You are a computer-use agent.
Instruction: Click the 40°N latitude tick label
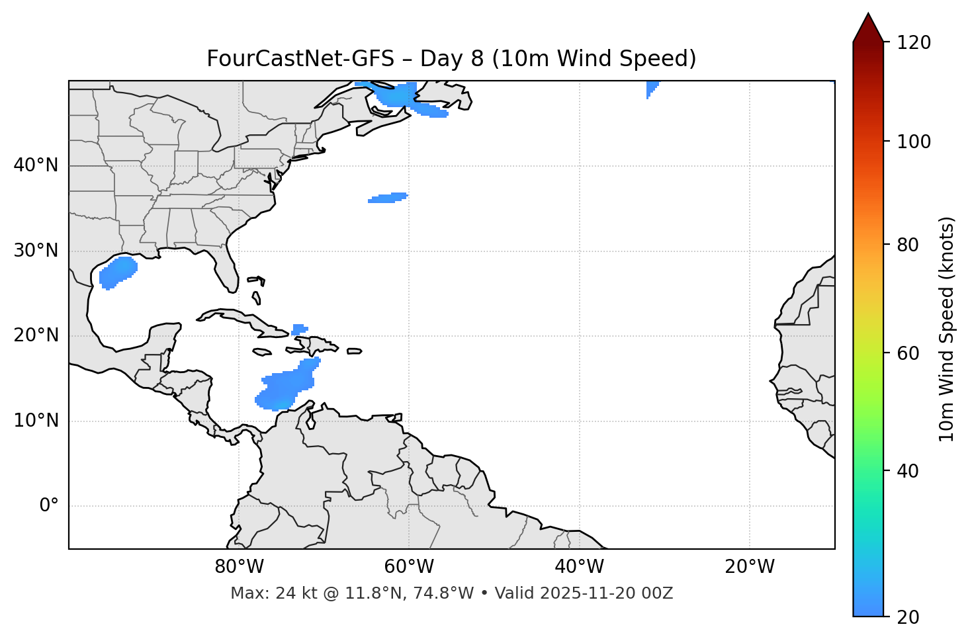36,165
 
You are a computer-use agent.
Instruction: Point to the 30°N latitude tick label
36,251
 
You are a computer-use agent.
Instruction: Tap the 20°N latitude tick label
36,335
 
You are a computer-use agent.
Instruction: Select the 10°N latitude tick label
36,421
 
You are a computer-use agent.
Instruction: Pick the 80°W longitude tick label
239,567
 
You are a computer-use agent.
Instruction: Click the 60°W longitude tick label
409,567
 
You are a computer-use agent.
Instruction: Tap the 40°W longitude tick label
579,567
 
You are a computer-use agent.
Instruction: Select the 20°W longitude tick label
749,567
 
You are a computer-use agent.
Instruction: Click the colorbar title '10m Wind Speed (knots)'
947,329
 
